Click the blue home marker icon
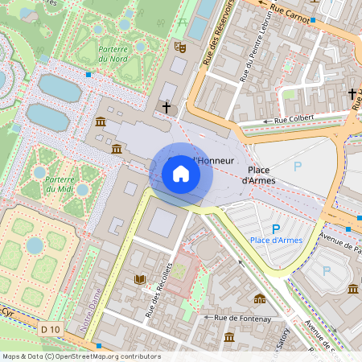tap(180, 174)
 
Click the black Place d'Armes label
tap(261, 175)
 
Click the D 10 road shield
tap(51, 329)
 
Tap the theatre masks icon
tap(181, 47)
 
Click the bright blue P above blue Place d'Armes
tap(276, 228)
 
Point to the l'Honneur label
tap(215, 161)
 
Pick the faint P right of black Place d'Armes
tap(298, 167)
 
